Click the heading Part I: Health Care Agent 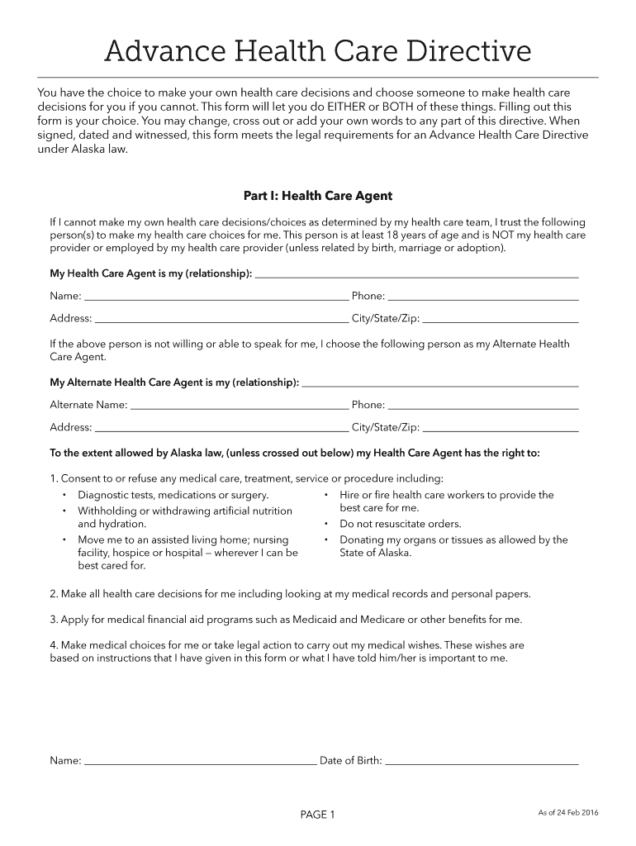point(317,196)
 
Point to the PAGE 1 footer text point(317,815)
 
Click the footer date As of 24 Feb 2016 point(568,813)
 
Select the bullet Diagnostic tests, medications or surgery point(173,495)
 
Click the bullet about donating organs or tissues point(453,546)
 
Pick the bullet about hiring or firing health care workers point(446,501)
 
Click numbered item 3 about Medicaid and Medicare point(286,620)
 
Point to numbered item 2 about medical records point(290,593)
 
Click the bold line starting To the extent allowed point(295,453)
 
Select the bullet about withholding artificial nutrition point(184,517)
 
